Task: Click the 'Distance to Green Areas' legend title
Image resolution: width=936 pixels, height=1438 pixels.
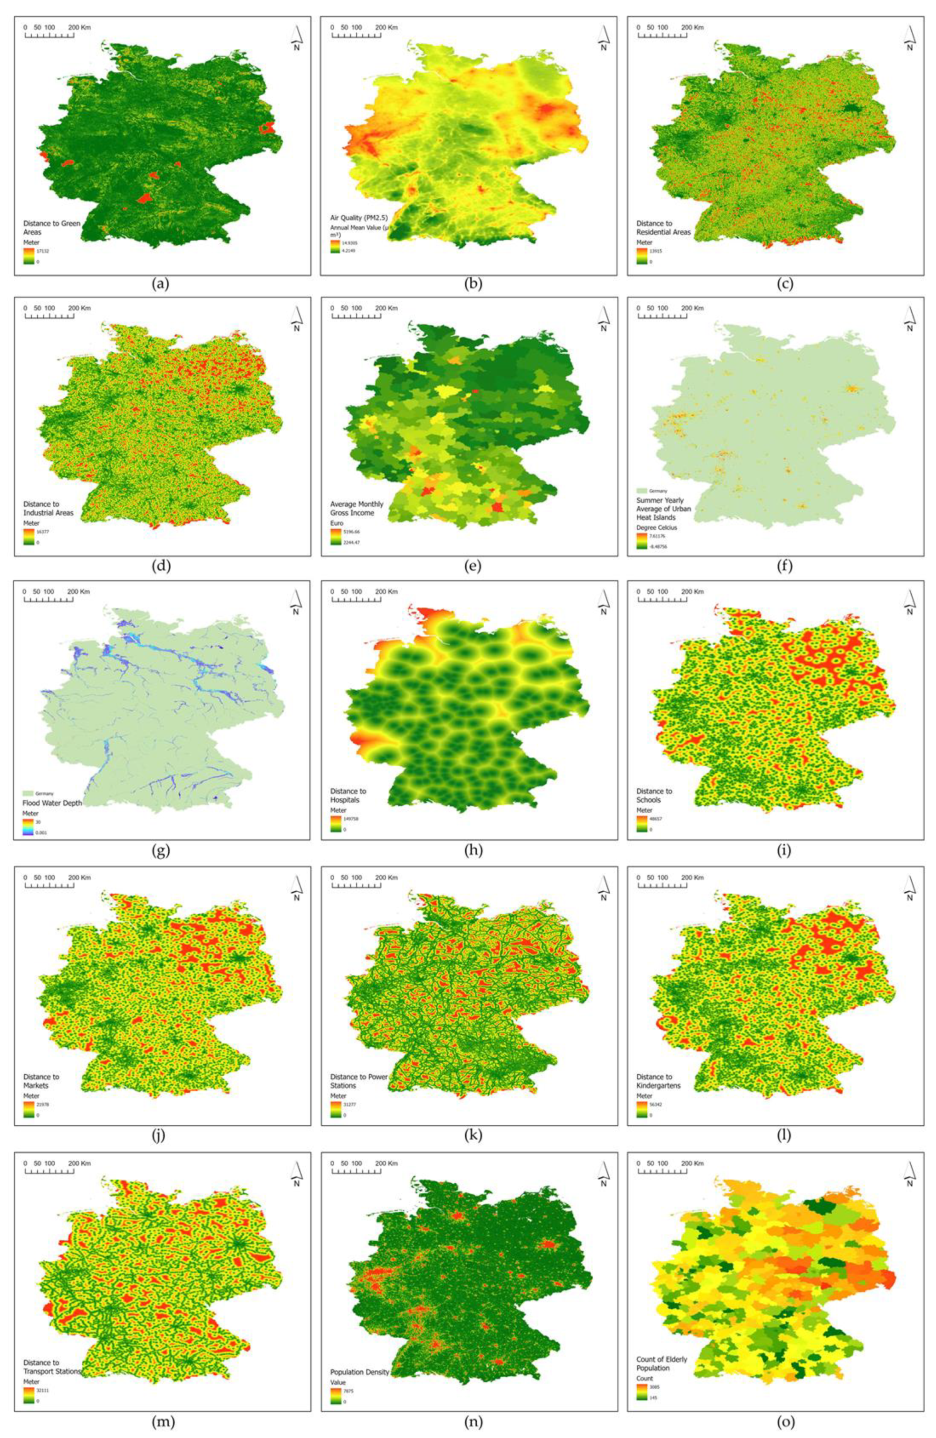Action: pyautogui.click(x=51, y=227)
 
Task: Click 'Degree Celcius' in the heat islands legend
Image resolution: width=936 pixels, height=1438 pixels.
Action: pyautogui.click(x=656, y=527)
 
